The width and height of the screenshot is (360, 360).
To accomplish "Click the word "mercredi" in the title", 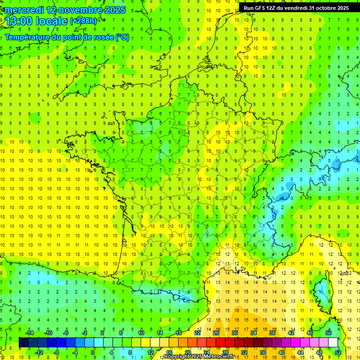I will point(22,10).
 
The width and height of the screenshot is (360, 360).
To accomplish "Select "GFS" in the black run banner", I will point(260,8).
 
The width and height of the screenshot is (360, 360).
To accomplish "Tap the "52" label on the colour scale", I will point(338,352).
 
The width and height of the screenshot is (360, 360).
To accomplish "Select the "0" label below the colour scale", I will point(93,352).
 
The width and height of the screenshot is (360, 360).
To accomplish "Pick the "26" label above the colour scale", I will point(216,333).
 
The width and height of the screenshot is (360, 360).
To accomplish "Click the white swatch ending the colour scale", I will point(333,342).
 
